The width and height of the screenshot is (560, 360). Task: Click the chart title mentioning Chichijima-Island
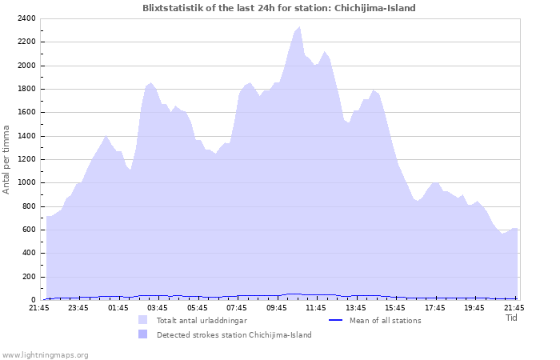tap(279, 8)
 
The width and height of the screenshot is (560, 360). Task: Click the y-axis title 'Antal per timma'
tap(7, 158)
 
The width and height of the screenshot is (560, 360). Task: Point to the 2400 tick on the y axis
tap(25, 18)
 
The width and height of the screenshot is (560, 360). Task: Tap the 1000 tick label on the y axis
tap(25, 182)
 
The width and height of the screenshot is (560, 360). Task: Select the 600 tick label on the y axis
tap(27, 230)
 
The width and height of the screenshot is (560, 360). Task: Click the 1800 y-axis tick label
tap(25, 89)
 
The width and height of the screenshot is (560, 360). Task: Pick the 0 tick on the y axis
tap(33, 300)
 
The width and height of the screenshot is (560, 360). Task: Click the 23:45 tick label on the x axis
tap(78, 308)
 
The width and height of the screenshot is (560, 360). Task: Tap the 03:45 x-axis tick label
tap(158, 308)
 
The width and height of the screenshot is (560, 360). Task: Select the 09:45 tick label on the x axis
tap(277, 308)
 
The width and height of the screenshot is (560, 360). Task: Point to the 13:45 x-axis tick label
tap(356, 308)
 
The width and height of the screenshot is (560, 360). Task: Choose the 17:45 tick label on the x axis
tap(435, 308)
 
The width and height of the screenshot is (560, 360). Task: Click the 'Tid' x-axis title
tap(512, 318)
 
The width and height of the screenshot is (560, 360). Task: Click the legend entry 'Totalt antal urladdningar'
tap(201, 321)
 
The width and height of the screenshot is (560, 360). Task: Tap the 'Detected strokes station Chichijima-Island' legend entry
tap(234, 335)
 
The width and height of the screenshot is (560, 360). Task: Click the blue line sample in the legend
tap(337, 321)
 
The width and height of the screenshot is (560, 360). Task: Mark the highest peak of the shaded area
tap(299, 27)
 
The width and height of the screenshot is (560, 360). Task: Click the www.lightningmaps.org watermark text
tap(46, 354)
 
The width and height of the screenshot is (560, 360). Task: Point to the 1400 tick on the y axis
tap(25, 136)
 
